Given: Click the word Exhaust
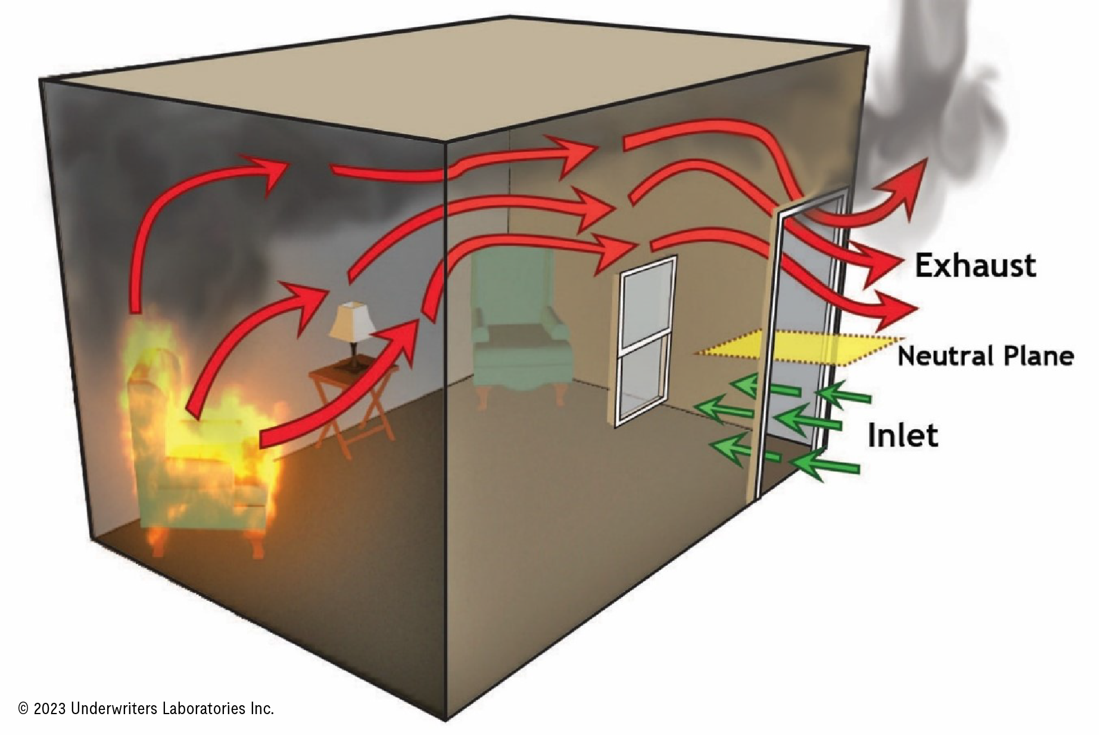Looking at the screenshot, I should [975, 265].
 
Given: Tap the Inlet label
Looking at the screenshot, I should [902, 436].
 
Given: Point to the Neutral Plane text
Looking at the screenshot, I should [986, 356].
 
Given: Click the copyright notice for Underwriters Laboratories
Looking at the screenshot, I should [146, 708].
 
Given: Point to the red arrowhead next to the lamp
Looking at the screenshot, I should [310, 298].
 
